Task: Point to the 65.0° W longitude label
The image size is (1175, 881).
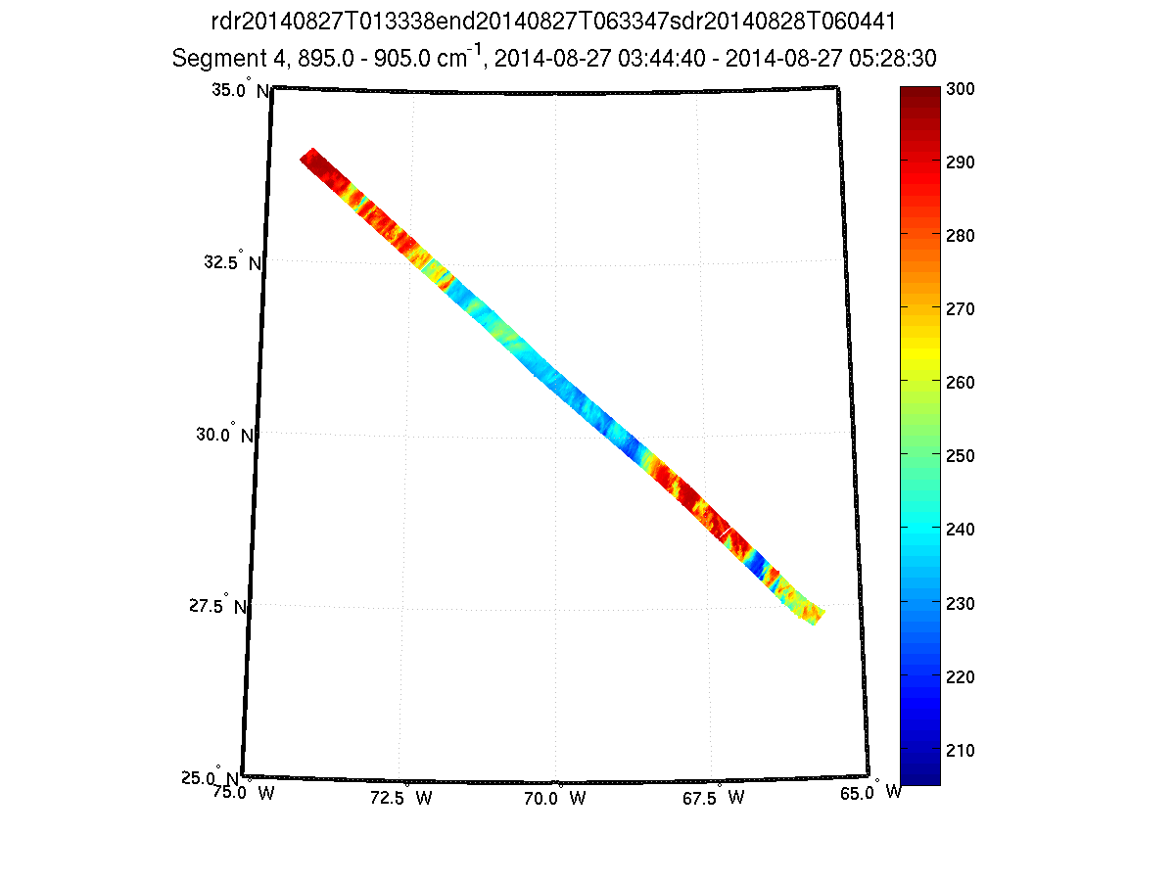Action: [873, 793]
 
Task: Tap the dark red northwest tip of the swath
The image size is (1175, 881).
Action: [310, 159]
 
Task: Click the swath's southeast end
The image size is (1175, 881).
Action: [815, 614]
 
